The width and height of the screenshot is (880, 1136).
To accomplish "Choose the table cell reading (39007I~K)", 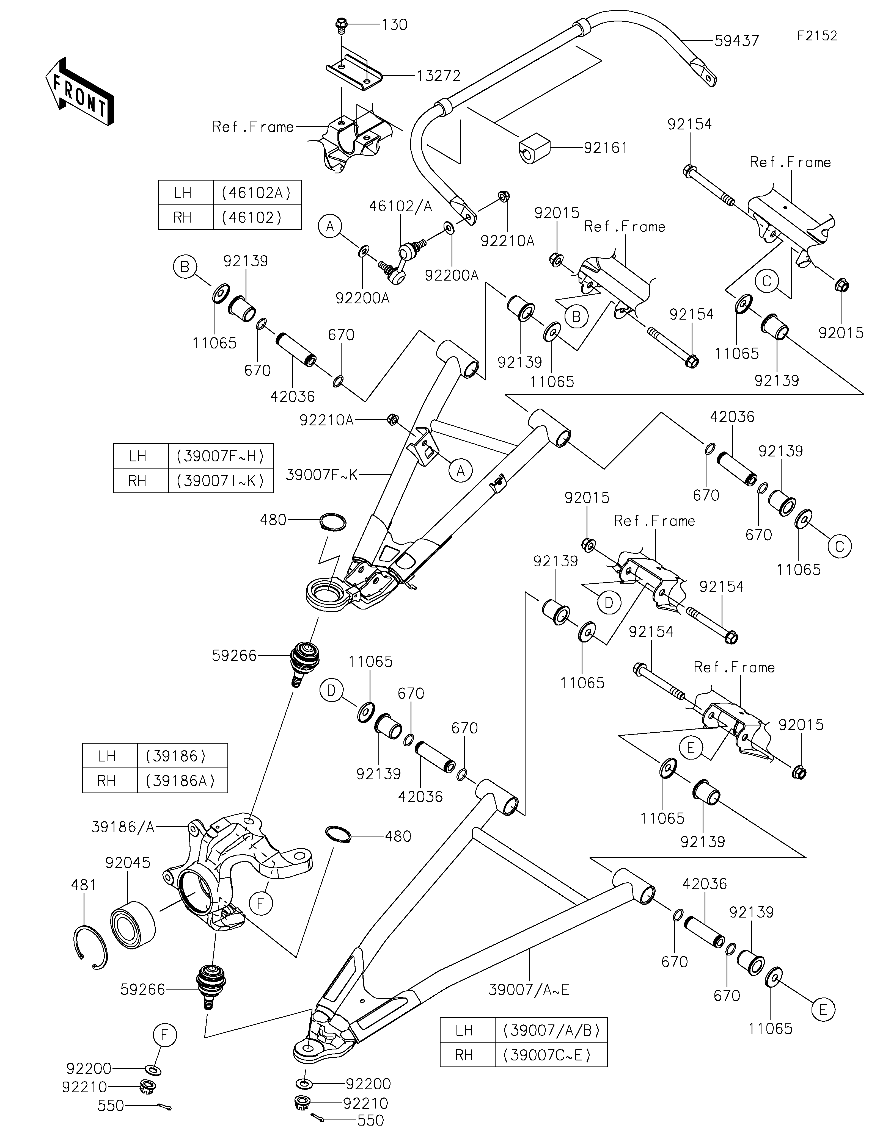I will click(221, 481).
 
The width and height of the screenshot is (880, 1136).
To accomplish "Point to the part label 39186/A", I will click(123, 827).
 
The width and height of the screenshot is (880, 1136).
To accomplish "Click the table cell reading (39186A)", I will click(182, 781).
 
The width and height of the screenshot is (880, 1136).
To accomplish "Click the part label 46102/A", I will click(401, 206).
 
